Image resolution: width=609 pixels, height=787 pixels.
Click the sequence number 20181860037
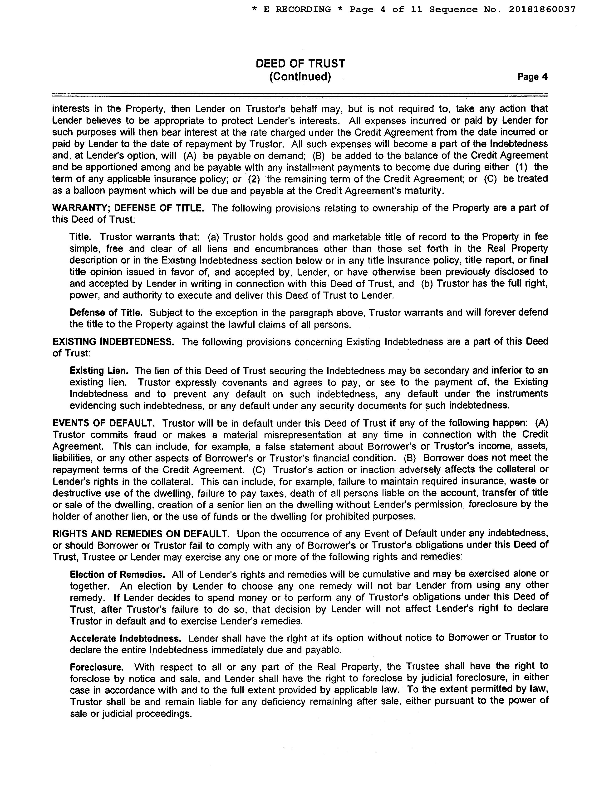point(542,10)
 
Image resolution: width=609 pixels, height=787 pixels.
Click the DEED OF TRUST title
point(300,64)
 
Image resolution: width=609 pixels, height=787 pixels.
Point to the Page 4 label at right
point(532,77)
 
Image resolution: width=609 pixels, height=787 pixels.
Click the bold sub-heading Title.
point(80,237)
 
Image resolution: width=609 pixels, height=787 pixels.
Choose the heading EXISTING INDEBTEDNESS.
point(113,342)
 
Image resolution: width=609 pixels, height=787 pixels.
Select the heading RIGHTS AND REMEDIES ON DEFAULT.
point(141,534)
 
